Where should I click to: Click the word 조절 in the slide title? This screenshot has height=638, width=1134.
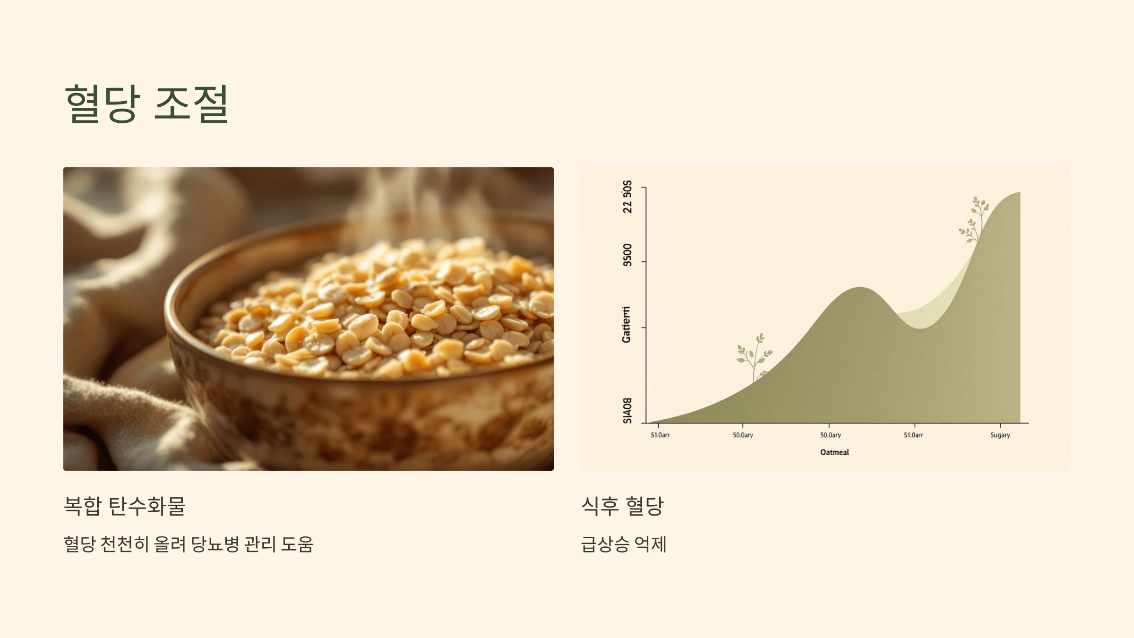(x=191, y=103)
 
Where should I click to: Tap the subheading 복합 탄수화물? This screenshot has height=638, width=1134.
(x=124, y=506)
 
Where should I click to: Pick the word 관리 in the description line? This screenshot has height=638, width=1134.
(x=260, y=544)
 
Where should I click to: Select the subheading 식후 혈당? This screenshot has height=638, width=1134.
(x=622, y=506)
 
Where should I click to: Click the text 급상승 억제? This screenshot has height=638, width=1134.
(x=623, y=544)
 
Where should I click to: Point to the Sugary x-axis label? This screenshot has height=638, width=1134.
(x=1000, y=435)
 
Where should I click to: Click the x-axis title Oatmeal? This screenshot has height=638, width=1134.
(x=834, y=452)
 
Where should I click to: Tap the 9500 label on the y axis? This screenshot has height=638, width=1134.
(x=627, y=255)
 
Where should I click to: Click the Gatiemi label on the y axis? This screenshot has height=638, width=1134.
(x=626, y=324)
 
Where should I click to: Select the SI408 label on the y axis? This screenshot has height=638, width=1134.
(x=627, y=410)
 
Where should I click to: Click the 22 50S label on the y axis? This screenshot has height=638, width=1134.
(x=627, y=197)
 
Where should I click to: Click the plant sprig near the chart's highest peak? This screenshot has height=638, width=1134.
(x=974, y=220)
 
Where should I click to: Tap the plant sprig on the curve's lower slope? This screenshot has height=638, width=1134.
(x=754, y=357)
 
